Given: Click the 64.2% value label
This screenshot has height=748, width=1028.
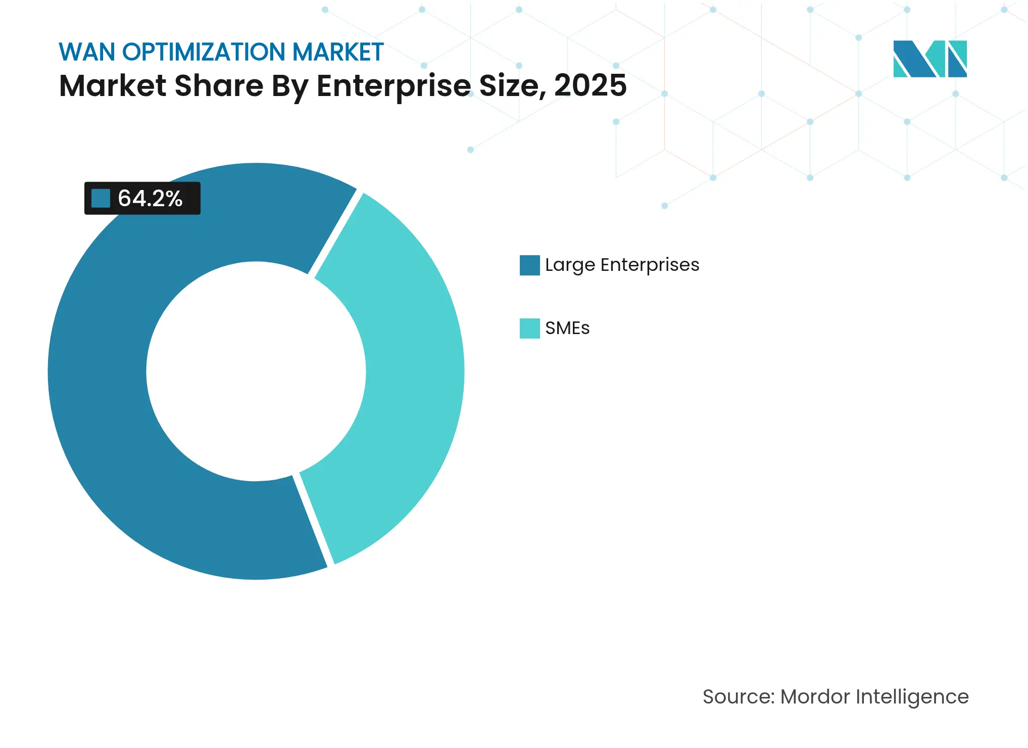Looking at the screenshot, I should (x=150, y=198).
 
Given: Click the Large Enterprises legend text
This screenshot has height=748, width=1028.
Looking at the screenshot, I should (x=622, y=265).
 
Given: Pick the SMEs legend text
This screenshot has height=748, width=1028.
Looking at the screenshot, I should (x=567, y=328).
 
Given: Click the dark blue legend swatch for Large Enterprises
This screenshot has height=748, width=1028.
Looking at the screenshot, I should (x=529, y=265).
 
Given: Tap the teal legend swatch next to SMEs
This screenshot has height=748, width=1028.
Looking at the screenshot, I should (x=529, y=329).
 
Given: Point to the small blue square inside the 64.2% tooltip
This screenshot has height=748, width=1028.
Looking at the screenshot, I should (x=101, y=198).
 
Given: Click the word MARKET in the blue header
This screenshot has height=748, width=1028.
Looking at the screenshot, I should (x=337, y=52).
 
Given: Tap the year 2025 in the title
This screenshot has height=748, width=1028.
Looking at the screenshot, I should (x=590, y=85).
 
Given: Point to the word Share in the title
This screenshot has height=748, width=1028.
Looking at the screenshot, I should (x=219, y=85).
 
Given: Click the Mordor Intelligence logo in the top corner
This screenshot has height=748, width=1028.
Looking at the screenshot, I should (x=929, y=59).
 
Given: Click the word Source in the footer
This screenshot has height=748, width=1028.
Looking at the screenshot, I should (x=738, y=696).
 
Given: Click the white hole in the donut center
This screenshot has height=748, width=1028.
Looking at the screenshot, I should (x=256, y=371).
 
